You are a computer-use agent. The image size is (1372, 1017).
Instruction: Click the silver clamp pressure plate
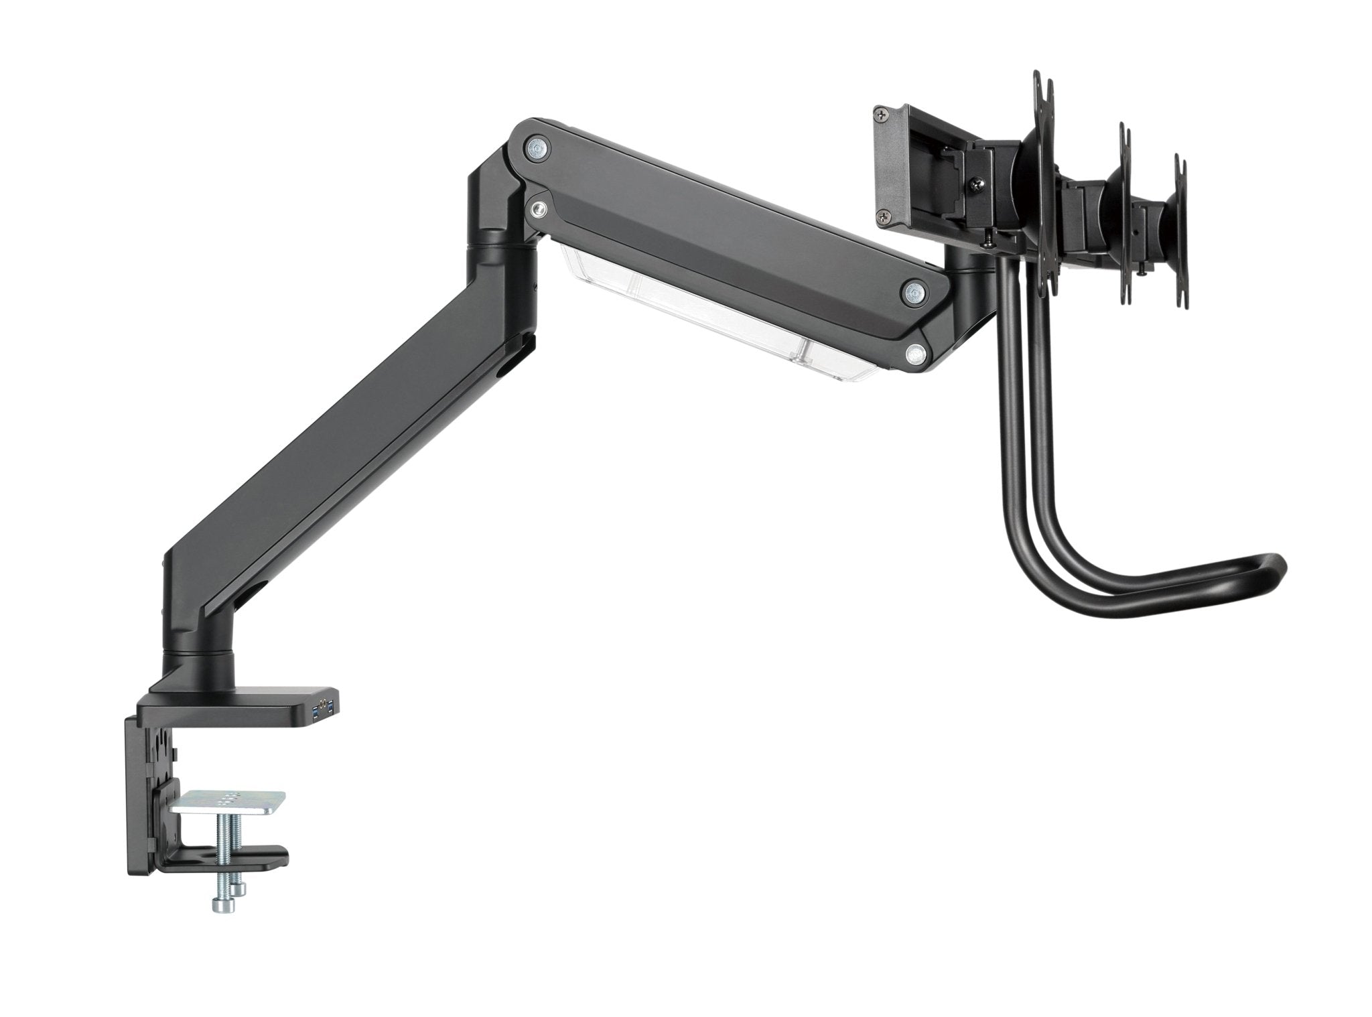[x=228, y=803]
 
